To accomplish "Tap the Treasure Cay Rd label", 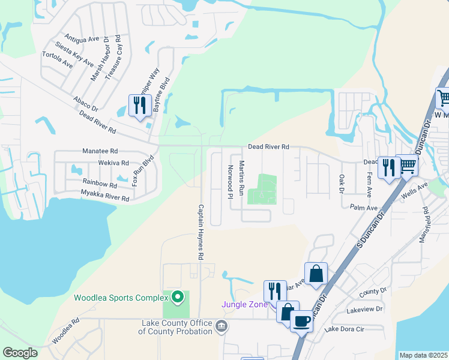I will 114,61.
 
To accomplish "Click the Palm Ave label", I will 364,207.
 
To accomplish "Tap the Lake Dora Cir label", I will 343,329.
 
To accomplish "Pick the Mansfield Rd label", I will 426,223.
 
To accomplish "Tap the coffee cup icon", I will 301,321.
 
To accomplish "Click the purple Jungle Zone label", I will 244,304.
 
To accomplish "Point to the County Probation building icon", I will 222,326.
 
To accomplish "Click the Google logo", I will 20,353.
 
